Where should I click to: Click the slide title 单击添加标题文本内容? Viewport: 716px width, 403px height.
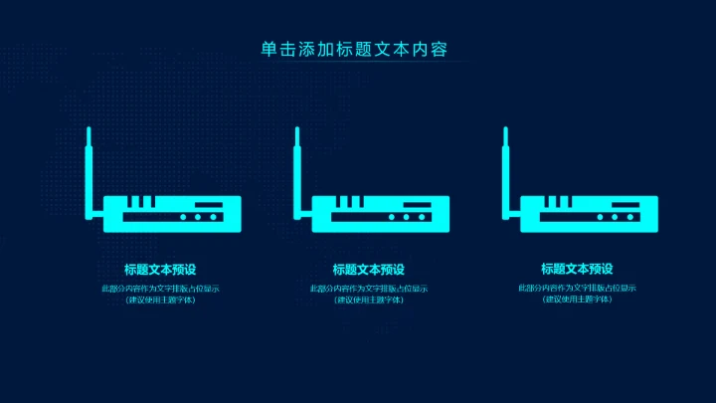(x=358, y=49)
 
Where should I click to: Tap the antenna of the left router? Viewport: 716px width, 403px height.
(x=89, y=164)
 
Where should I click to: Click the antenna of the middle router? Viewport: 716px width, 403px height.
(x=296, y=164)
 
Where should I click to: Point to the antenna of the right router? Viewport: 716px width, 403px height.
(x=505, y=164)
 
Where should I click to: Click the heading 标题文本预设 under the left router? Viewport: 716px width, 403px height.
(x=160, y=269)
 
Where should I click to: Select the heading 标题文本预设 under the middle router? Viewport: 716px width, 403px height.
(x=369, y=269)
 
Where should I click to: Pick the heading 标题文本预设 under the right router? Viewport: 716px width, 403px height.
(x=577, y=269)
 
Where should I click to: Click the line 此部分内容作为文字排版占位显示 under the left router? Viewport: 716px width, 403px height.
(x=160, y=289)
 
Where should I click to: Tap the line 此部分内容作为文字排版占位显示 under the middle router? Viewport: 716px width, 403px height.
(x=369, y=289)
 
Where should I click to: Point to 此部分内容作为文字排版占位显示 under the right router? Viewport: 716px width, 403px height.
(x=577, y=289)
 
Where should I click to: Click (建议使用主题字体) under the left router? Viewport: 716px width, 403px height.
(x=160, y=300)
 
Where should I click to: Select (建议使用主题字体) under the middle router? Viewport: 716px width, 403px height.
(x=369, y=300)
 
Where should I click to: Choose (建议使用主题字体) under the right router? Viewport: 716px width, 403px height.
(x=577, y=300)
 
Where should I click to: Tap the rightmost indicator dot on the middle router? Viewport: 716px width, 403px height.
(x=421, y=216)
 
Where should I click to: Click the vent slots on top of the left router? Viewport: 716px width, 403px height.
(x=142, y=203)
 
